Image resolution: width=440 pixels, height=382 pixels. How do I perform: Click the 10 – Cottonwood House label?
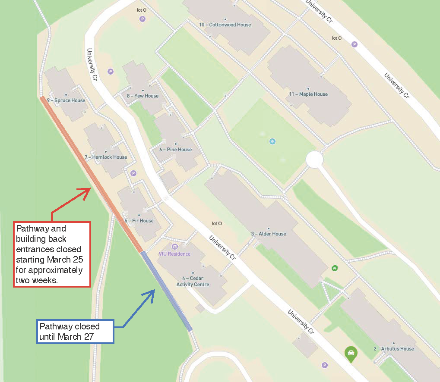[225, 25]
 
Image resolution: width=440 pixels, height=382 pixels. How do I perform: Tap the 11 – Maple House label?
[308, 94]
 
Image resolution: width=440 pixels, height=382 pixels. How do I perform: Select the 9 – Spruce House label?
[66, 100]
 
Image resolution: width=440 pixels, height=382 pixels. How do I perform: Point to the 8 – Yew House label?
[142, 96]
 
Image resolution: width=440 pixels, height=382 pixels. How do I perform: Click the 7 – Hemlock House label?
[106, 157]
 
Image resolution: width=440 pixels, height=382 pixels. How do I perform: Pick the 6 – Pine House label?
[175, 150]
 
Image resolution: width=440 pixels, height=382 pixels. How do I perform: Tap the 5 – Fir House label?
[139, 221]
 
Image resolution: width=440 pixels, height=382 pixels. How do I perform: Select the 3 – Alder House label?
[269, 234]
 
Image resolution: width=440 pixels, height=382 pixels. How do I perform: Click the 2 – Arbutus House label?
[394, 348]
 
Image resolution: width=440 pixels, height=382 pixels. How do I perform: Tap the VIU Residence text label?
[174, 254]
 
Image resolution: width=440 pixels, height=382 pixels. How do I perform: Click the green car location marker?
[351, 354]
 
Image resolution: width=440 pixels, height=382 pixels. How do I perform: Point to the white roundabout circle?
[314, 160]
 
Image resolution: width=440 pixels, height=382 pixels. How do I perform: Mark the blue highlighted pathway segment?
[166, 291]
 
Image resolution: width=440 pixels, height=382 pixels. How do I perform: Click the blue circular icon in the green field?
[272, 141]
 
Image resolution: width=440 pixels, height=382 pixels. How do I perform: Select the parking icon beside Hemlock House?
[133, 173]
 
